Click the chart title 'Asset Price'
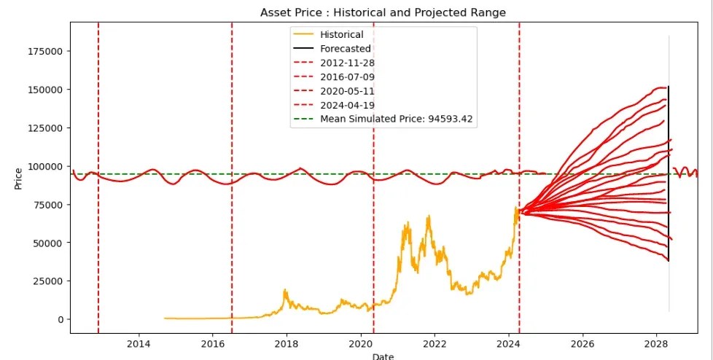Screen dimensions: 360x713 point(383,13)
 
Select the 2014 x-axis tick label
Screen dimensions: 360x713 point(139,344)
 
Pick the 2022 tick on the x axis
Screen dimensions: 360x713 point(435,344)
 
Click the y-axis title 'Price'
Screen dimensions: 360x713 point(18,179)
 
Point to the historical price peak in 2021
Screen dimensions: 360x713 point(429,216)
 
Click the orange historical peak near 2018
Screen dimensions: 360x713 point(286,291)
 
